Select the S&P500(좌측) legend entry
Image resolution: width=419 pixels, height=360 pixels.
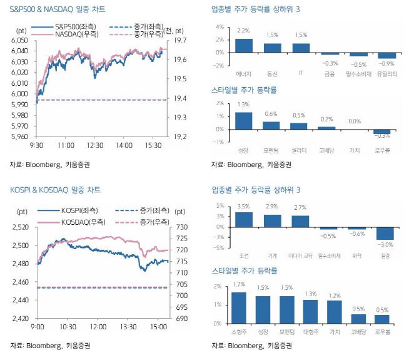pos(71,27)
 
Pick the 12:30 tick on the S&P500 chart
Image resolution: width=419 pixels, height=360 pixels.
pos(94,145)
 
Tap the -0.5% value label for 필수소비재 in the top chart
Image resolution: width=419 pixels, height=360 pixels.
pos(358,64)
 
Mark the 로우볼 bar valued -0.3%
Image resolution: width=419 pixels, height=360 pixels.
pos(381,131)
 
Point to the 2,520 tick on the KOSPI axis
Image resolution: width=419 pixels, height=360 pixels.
pos(21,227)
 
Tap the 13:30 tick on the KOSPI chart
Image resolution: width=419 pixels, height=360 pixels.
pos(128,327)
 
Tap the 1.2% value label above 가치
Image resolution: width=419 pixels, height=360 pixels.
pos(334,294)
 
